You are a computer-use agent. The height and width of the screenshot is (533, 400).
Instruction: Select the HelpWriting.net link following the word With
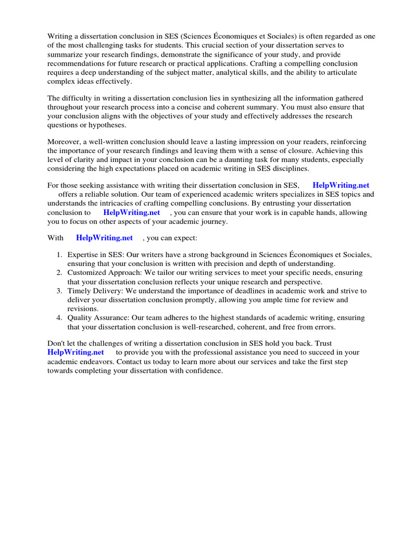click(x=104, y=238)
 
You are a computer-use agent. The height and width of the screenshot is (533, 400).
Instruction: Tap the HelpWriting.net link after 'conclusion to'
click(x=131, y=212)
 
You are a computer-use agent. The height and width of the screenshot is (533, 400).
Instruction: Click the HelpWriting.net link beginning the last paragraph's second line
click(x=76, y=352)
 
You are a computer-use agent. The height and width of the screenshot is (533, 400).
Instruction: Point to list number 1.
click(x=59, y=255)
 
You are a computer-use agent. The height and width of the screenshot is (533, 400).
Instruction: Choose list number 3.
click(x=59, y=291)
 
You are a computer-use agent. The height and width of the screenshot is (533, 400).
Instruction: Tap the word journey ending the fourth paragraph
click(x=214, y=221)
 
